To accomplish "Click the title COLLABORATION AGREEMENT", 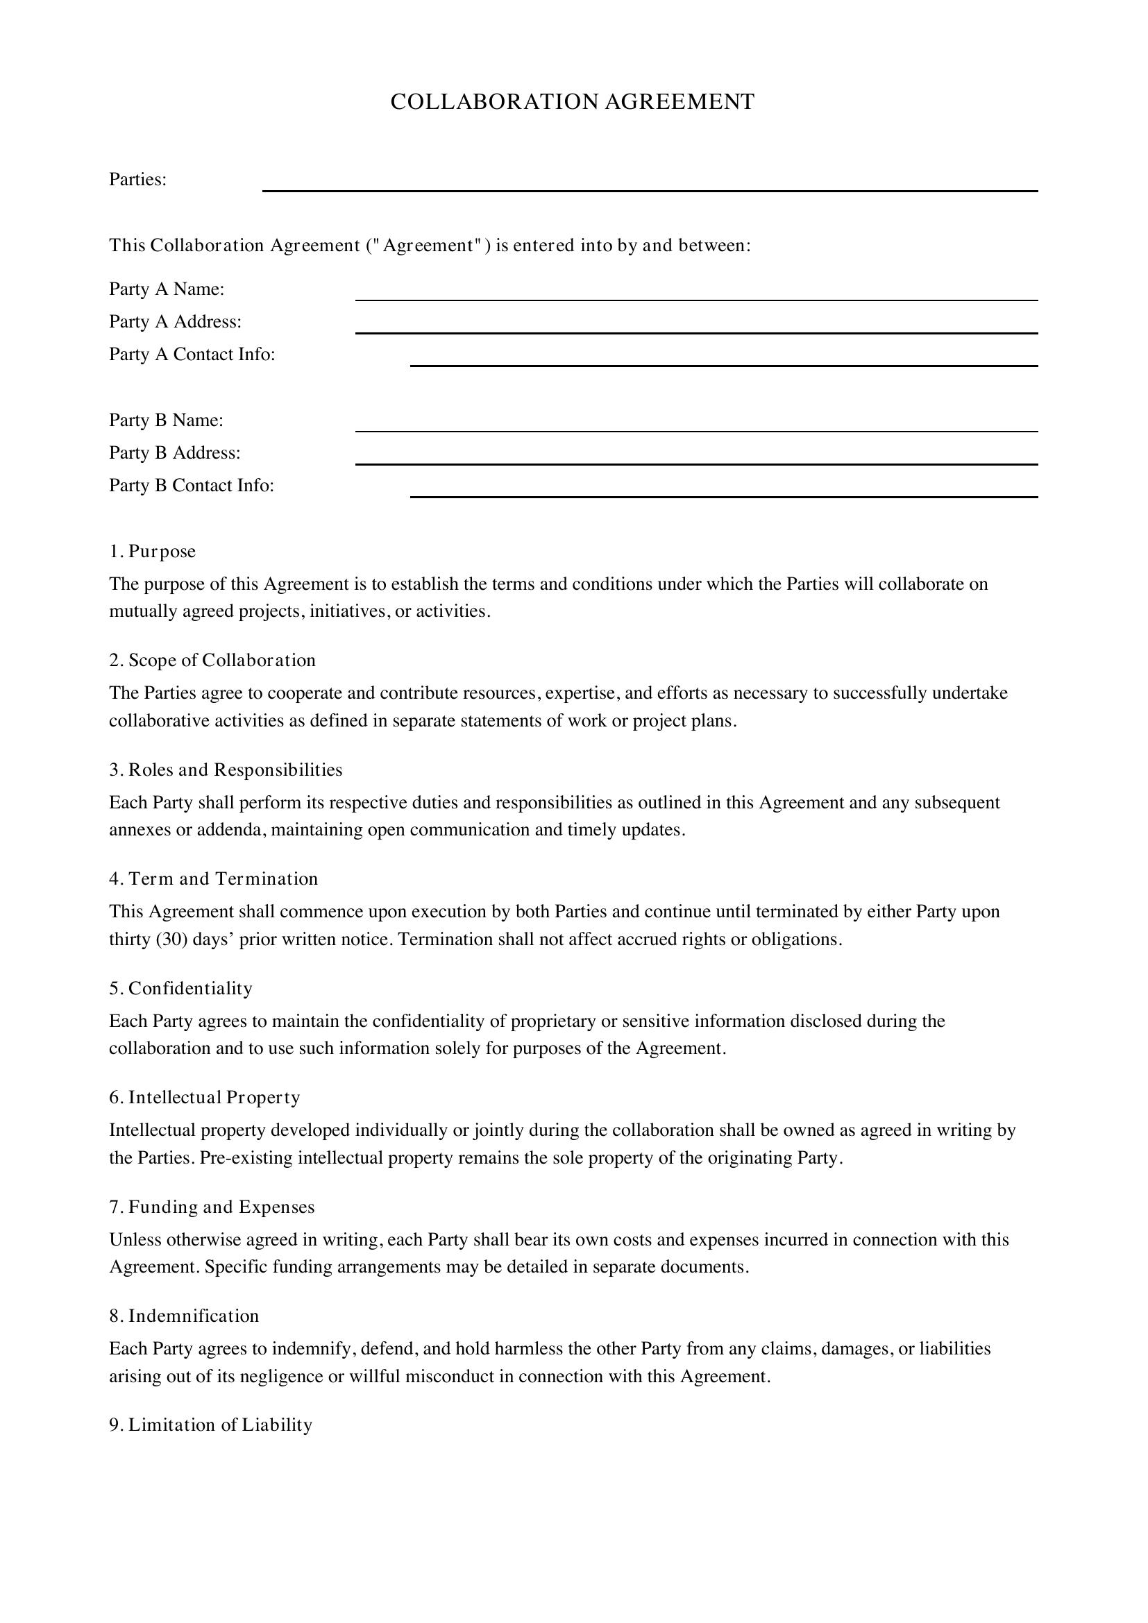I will pos(573,102).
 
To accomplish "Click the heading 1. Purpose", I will pos(153,552).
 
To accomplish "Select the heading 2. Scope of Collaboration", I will pos(212,660).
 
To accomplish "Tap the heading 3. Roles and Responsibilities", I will pos(226,770).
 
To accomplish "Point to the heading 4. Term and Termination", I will pos(214,878).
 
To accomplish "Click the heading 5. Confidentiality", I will pos(181,988).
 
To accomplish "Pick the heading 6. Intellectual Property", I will pos(205,1097).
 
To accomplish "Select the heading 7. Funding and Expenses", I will pos(212,1207).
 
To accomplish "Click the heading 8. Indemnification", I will pos(184,1316).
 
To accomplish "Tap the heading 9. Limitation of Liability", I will pos(211,1425).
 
